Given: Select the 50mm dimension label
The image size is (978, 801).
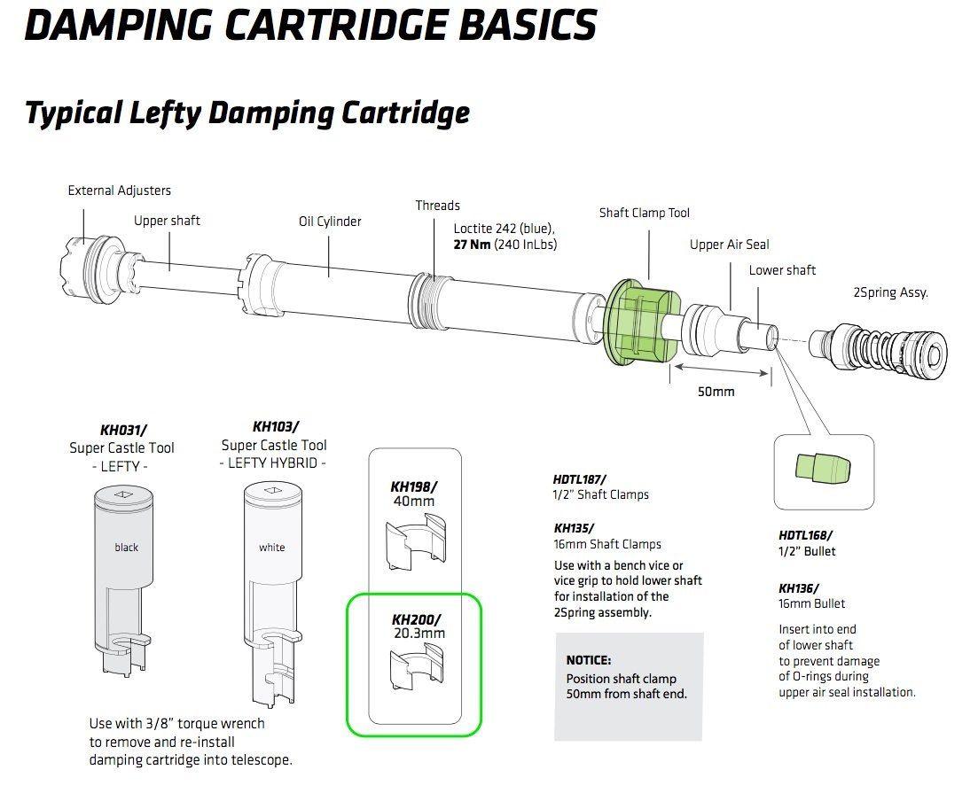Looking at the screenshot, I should [x=716, y=391].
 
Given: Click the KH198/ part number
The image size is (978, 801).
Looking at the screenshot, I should [x=414, y=486].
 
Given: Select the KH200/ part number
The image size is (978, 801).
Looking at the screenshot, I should [x=415, y=618].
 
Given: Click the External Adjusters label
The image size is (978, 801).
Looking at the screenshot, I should [x=120, y=191].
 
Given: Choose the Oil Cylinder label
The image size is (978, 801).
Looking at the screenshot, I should [x=330, y=222].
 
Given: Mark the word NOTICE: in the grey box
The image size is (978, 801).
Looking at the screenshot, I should [x=589, y=660].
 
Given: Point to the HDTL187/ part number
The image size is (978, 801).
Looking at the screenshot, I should [x=580, y=479].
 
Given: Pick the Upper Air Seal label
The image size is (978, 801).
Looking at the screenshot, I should [x=730, y=245].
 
